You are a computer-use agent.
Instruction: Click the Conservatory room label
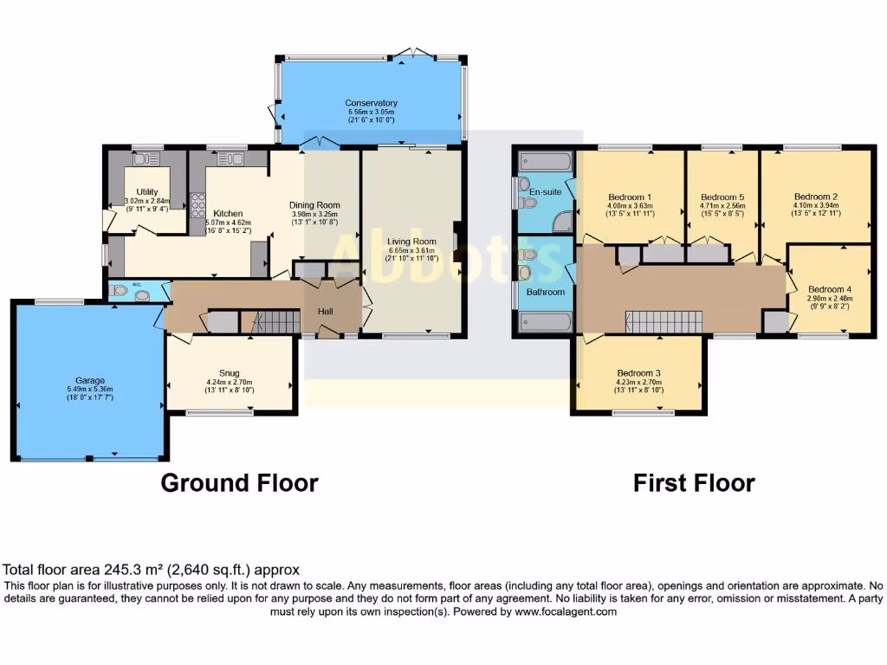coord(371,103)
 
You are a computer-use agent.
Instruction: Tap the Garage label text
coord(89,380)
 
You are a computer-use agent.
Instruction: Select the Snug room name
coord(229,373)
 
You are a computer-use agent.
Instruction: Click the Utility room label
coord(146,192)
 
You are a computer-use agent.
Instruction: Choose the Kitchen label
coord(228,213)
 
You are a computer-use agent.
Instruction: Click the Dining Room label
coord(314,205)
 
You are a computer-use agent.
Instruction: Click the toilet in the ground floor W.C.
coord(119,291)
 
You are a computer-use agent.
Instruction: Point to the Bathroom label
coord(546,292)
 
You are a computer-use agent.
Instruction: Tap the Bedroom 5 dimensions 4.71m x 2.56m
coord(722,205)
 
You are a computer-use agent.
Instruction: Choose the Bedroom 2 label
coord(816,197)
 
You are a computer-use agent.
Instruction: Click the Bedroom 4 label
coord(830,289)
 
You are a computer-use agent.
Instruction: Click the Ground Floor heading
coord(239,482)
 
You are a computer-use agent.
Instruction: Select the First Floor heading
coord(694,482)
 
